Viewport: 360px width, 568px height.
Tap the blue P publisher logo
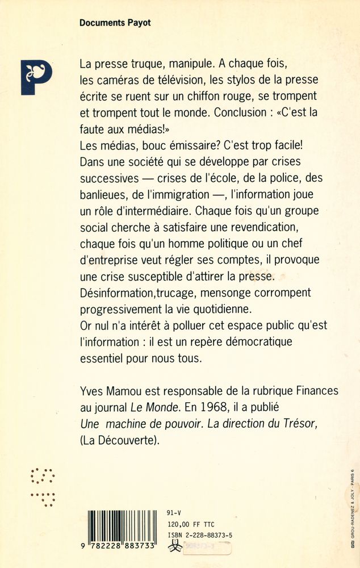[x=36, y=77]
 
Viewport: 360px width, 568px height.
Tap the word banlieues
[x=103, y=194]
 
